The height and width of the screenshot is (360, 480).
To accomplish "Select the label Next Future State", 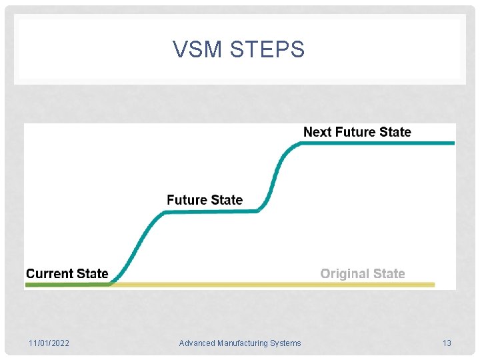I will [x=357, y=132].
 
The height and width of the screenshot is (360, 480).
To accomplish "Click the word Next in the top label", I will [x=317, y=132].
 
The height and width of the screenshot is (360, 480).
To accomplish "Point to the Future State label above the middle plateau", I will [x=205, y=200].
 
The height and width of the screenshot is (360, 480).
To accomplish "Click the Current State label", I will [x=67, y=273].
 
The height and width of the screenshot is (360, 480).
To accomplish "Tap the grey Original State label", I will [x=363, y=273].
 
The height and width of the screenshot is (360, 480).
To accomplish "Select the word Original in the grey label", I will [x=345, y=273].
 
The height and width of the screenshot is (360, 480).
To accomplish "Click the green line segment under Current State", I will [x=67, y=285].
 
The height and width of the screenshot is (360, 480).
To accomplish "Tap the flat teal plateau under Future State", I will [x=210, y=212].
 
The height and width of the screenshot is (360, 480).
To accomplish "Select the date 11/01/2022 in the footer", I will [x=49, y=343].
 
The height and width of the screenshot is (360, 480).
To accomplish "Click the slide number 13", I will [x=447, y=343].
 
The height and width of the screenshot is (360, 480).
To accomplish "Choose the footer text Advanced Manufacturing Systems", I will [x=240, y=343].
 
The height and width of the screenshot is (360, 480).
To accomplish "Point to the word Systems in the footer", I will [x=286, y=343].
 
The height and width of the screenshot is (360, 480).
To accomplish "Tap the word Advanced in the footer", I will [x=197, y=343].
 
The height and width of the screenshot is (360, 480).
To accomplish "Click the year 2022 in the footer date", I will [x=59, y=343].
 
